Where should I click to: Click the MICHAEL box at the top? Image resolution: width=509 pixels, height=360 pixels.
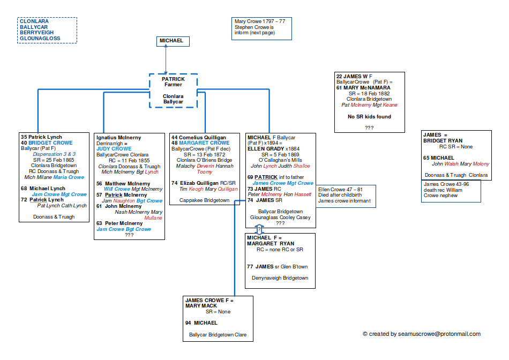click(x=172, y=41)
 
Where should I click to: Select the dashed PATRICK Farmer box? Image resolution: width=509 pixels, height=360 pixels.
click(x=173, y=90)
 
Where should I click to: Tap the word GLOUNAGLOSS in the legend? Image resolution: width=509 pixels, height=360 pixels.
click(x=40, y=39)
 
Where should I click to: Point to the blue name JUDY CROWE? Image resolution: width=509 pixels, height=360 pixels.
click(x=114, y=148)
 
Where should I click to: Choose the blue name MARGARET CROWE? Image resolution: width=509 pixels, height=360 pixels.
click(x=208, y=143)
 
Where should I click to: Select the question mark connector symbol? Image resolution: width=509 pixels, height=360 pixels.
click(x=259, y=229)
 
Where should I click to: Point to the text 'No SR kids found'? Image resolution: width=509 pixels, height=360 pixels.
click(x=369, y=116)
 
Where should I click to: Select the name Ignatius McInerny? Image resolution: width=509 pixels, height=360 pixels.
click(x=119, y=138)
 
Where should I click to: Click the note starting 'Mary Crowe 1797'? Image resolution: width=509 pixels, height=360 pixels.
click(x=259, y=21)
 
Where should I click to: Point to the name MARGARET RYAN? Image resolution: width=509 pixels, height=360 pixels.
click(x=271, y=243)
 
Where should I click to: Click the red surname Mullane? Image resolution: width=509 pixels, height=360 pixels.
click(x=154, y=219)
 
